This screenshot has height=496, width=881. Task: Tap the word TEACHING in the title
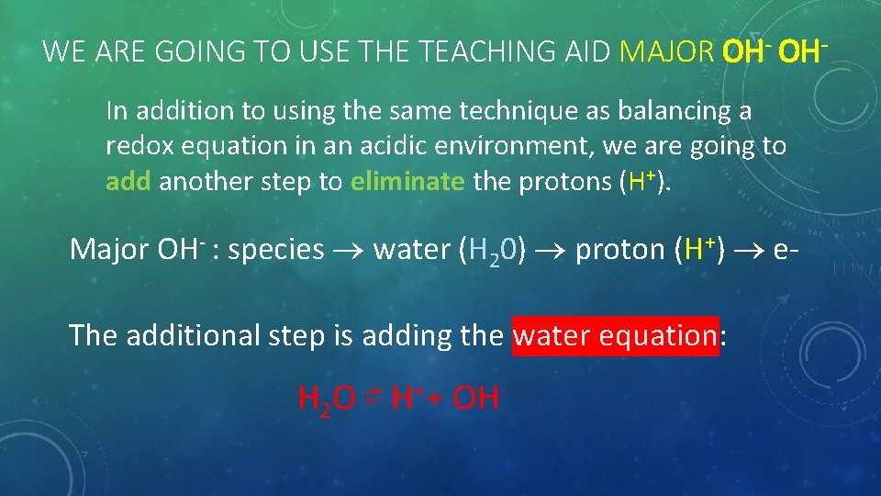click(494, 51)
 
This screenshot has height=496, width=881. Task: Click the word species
click(276, 250)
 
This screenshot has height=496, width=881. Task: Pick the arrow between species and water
click(349, 251)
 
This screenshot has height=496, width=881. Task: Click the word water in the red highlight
click(552, 335)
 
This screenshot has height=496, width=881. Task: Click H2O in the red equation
click(327, 399)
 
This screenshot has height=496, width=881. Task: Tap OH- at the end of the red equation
click(480, 399)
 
